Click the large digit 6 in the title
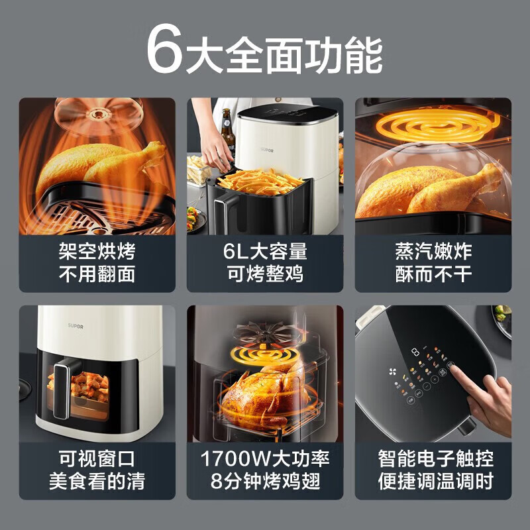pos(164,49)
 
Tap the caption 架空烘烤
pos(97,251)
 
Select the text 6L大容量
pos(265,251)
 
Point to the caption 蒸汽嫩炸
pos(433,251)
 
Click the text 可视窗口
pos(97,458)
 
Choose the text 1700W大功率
pos(265,458)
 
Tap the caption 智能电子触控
pos(436,458)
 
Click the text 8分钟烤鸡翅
pos(265,481)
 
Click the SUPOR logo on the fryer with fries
pos(267,150)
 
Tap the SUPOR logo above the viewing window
pos(76,326)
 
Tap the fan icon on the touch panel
pos(392,372)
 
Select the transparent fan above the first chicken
pos(99,115)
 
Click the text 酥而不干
pos(433,273)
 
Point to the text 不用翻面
pos(97,273)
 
